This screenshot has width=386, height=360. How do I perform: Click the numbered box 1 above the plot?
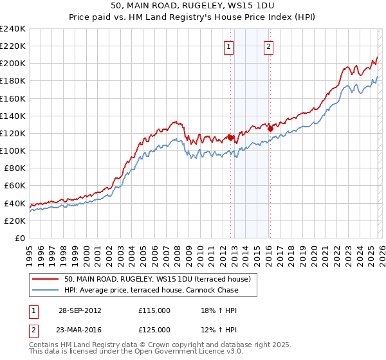(229, 46)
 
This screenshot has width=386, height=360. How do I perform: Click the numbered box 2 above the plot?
(268, 46)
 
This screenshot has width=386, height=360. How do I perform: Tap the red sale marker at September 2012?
(230, 137)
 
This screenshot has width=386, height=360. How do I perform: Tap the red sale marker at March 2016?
(270, 129)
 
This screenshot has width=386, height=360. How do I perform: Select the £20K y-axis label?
(15, 221)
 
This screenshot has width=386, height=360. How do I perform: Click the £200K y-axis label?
(12, 64)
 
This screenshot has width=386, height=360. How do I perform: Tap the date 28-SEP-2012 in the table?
(80, 310)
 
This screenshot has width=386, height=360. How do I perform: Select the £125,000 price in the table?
(154, 330)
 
